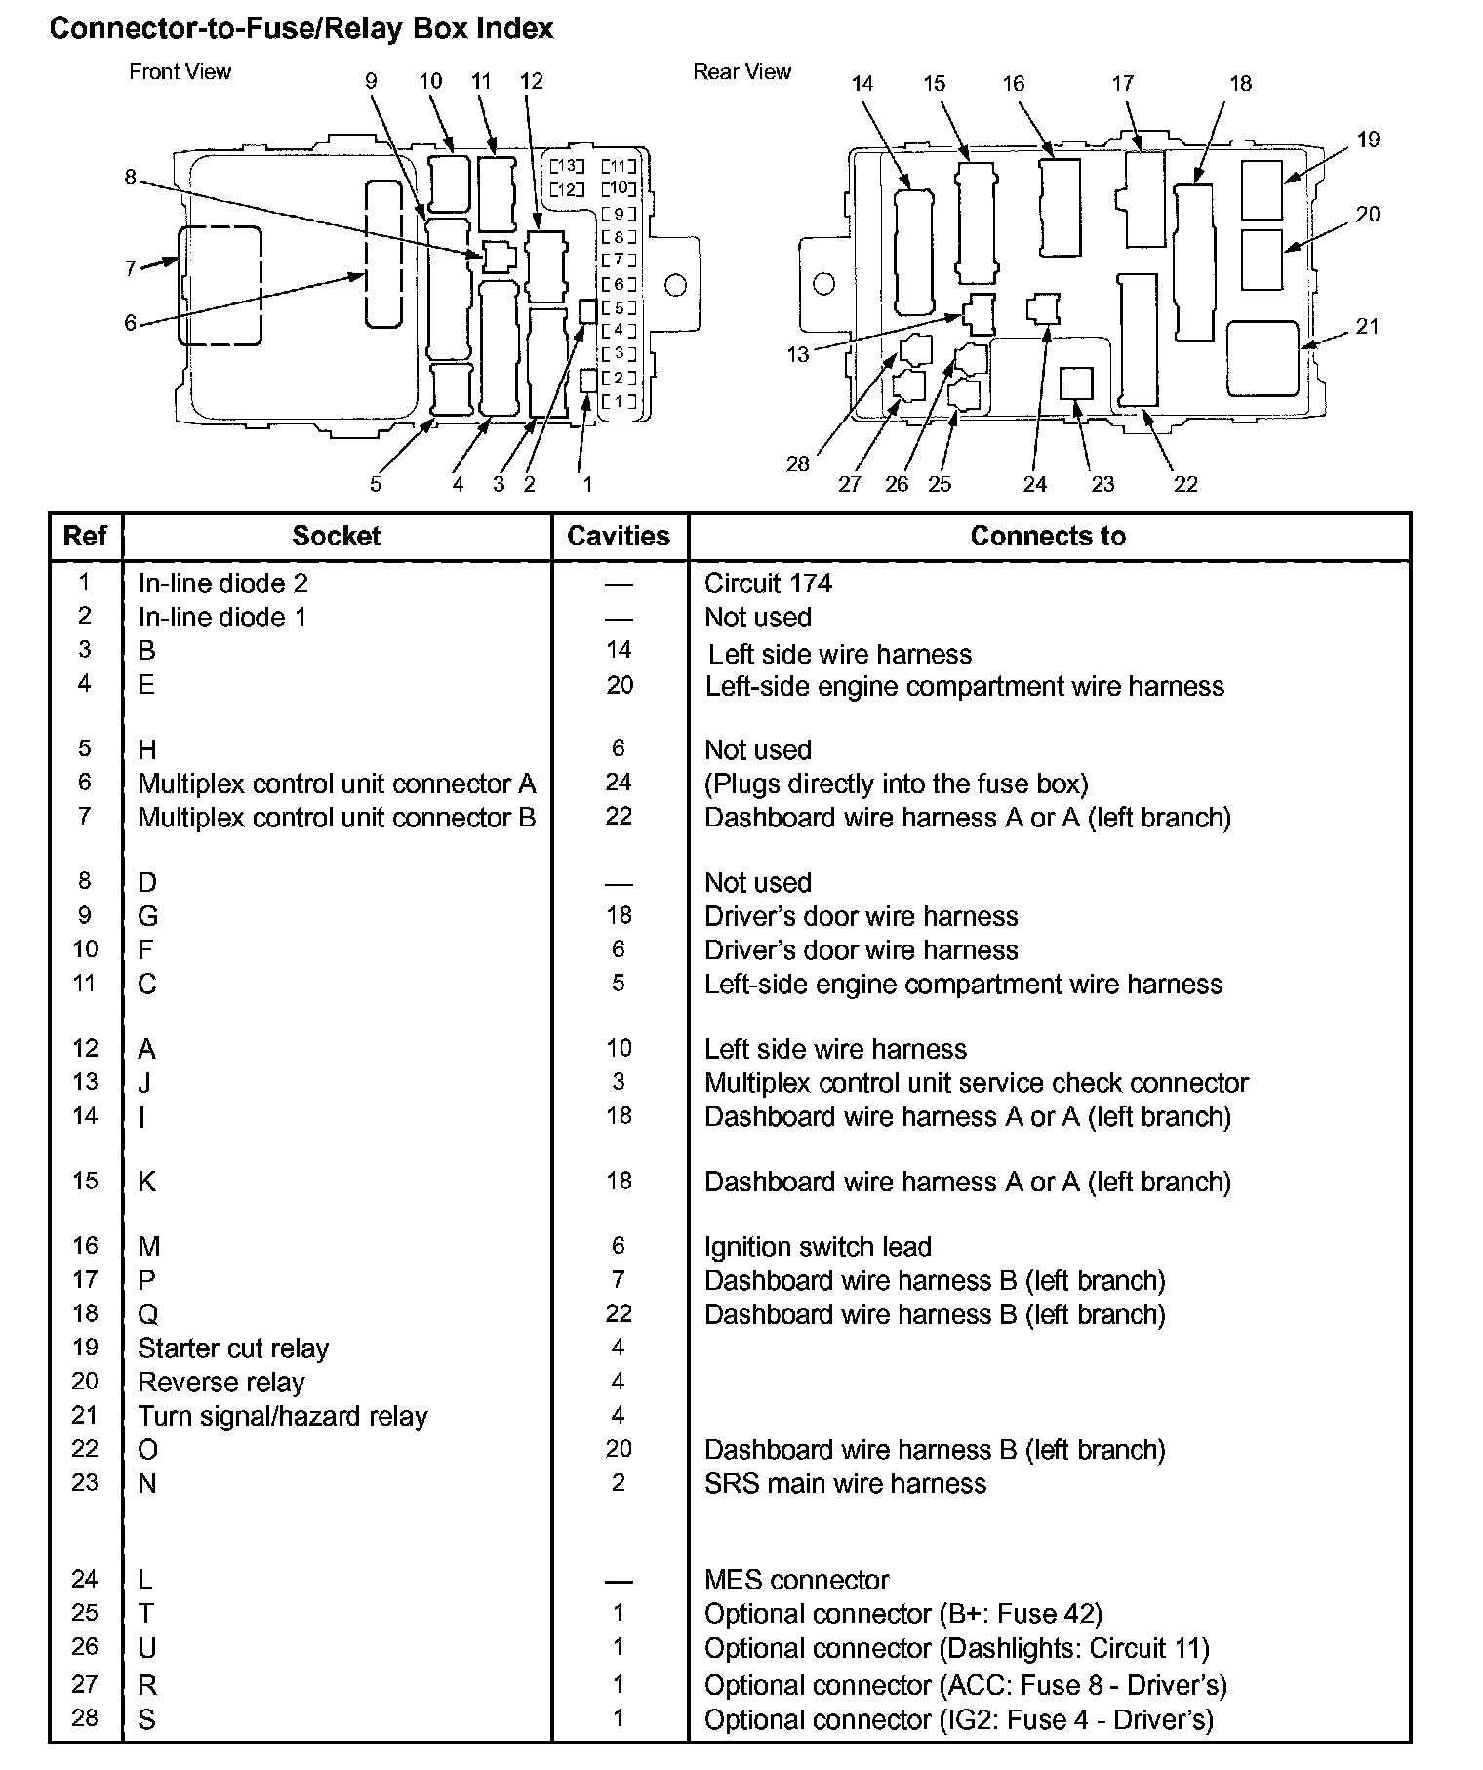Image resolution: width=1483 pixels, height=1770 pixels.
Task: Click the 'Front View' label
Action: click(180, 71)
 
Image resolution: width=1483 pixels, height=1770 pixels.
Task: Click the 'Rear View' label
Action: click(741, 71)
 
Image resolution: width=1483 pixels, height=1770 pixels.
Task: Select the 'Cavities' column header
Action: click(619, 536)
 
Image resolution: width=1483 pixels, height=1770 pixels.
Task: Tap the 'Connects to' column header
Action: click(1048, 536)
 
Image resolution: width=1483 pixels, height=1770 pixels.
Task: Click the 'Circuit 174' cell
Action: click(769, 583)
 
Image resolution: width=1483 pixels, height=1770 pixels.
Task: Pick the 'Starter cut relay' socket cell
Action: click(233, 1348)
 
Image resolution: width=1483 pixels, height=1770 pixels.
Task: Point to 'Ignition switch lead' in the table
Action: click(818, 1246)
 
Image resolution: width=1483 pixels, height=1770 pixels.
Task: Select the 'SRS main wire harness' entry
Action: click(845, 1483)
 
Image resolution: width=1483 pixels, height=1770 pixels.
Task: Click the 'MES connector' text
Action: click(797, 1580)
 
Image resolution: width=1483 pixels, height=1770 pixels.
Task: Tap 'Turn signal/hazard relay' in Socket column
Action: click(283, 1416)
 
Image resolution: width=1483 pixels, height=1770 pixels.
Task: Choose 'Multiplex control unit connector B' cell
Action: click(337, 817)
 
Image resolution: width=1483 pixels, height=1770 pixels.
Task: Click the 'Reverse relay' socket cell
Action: click(221, 1382)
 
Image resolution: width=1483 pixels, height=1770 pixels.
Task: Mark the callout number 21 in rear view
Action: click(1368, 326)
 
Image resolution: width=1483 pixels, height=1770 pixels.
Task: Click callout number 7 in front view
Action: click(131, 267)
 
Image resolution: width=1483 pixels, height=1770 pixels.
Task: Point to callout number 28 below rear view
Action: click(798, 463)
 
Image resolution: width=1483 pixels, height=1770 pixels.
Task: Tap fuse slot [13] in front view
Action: click(567, 165)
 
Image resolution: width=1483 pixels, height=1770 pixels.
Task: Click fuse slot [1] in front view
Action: click(619, 401)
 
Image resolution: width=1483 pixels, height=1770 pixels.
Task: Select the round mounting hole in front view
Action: click(675, 285)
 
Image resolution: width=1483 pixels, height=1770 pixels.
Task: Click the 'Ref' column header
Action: click(85, 536)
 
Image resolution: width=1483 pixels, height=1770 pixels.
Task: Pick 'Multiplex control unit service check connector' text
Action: click(976, 1083)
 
